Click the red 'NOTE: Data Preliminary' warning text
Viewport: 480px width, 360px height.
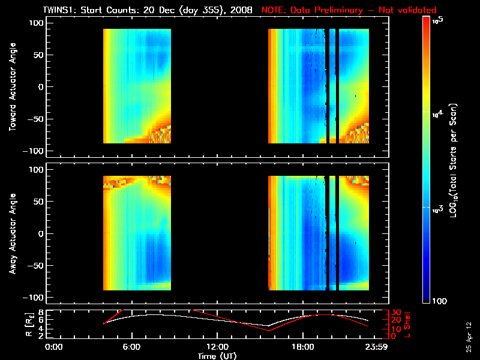pos(349,10)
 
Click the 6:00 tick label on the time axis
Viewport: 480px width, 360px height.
pos(131,347)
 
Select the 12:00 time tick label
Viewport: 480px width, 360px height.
pos(217,347)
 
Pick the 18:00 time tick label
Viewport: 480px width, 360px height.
pos(302,347)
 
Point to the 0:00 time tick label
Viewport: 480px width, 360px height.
pos(54,347)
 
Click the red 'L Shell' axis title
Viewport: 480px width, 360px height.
pos(407,324)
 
